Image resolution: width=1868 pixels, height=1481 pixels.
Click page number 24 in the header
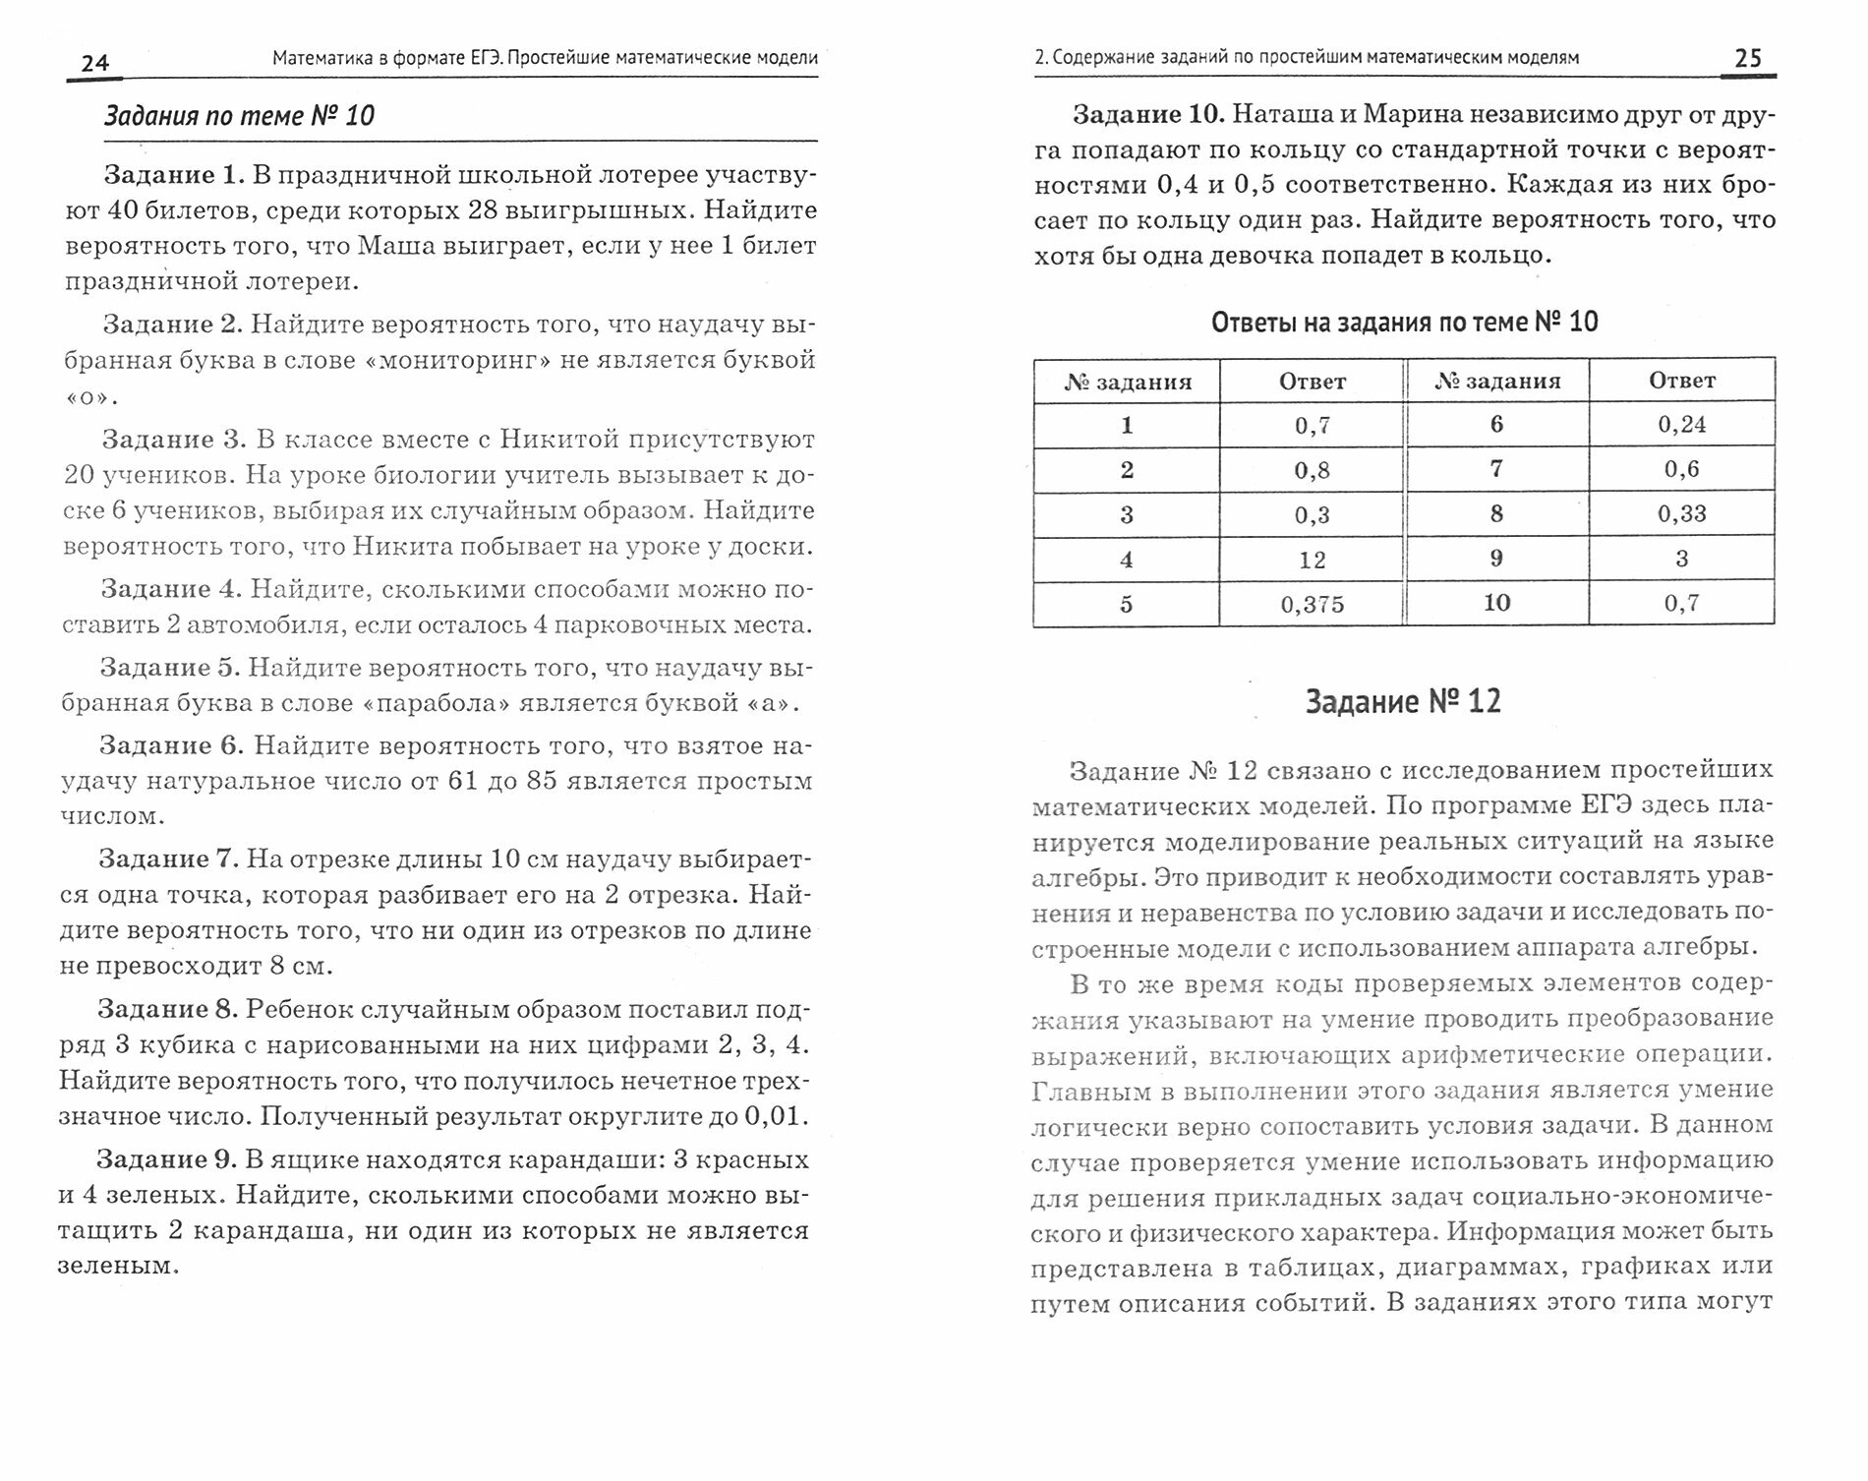[x=94, y=64]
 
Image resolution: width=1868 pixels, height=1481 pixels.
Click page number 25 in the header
[x=1748, y=58]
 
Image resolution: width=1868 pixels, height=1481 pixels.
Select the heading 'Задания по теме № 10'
[x=239, y=116]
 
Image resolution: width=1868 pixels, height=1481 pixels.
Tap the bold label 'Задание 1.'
[x=173, y=175]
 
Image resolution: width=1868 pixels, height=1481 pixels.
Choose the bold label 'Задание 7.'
[x=168, y=859]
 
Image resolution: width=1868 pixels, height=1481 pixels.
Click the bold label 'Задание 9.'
[x=166, y=1159]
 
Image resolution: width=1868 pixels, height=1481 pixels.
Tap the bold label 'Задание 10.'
[x=1148, y=114]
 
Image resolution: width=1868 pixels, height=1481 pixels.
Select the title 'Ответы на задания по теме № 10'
[x=1404, y=322]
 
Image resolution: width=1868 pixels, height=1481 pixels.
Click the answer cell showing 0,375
[x=1312, y=605]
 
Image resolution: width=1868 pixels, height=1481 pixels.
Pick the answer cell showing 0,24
[x=1681, y=425]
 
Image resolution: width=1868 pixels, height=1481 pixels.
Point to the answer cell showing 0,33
[x=1681, y=514]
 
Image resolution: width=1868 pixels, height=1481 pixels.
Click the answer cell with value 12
[x=1312, y=561]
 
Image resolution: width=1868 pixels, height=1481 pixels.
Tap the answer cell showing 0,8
[x=1312, y=470]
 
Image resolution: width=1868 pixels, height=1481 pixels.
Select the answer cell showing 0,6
[x=1681, y=470]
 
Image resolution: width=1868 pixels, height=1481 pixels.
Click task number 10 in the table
[x=1496, y=603]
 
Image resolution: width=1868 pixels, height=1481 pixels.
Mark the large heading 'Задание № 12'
[x=1403, y=702]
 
